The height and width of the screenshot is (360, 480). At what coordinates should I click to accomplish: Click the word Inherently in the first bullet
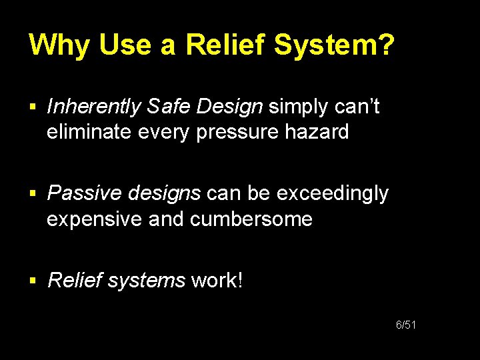pos(94,107)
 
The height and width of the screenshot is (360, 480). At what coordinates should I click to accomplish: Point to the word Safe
pos(170,107)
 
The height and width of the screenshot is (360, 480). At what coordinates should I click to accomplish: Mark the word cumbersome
pos(251,219)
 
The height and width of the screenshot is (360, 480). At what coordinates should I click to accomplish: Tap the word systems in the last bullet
pos(146,280)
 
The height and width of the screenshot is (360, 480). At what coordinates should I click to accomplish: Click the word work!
pos(217,280)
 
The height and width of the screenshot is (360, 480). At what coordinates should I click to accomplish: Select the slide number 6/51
pos(406,325)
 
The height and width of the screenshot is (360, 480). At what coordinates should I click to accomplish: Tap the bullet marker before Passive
pos(34,194)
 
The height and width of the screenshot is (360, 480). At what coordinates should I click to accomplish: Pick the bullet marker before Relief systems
pos(34,281)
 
